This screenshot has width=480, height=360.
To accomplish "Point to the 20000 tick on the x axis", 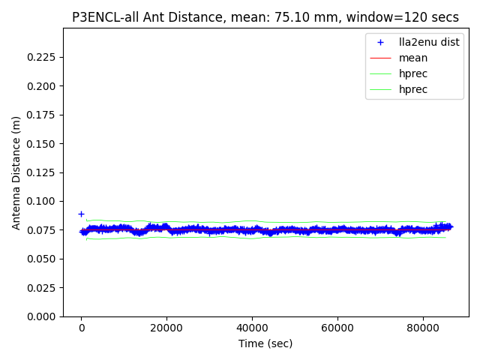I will (x=166, y=328).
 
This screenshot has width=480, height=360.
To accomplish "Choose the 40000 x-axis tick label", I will (x=252, y=328).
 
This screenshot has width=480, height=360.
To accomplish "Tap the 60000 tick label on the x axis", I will (x=337, y=328).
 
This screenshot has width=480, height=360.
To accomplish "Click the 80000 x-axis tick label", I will (x=422, y=328).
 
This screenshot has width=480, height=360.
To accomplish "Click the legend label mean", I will (x=413, y=58).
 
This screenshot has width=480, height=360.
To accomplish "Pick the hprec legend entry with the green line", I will (x=413, y=73).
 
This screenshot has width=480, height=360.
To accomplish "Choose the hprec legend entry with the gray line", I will (x=413, y=89).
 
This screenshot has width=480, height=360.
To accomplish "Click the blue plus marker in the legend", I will (x=381, y=42).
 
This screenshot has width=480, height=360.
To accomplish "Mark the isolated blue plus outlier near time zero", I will (x=81, y=214).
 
